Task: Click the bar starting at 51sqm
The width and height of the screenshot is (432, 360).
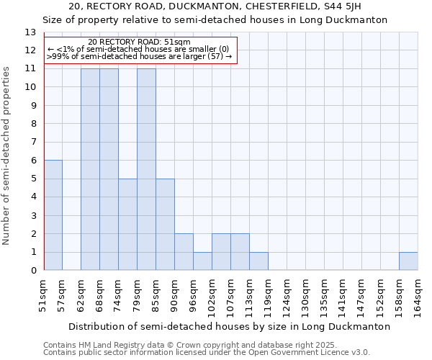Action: [53, 215]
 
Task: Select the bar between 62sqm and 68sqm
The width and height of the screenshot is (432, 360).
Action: [90, 169]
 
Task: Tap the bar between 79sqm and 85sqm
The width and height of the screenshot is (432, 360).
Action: [146, 169]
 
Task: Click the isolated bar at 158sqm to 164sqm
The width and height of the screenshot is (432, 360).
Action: [408, 261]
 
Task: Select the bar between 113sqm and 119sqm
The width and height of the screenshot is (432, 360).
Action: [258, 261]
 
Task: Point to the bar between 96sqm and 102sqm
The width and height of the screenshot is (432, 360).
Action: [202, 261]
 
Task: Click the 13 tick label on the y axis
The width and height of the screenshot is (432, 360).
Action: [30, 32]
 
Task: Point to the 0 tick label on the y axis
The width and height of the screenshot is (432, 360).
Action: [32, 271]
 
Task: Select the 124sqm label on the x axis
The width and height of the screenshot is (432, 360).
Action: [287, 294]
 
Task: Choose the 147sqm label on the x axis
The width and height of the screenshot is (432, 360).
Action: [361, 294]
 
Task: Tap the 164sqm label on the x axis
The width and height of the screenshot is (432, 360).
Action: [418, 294]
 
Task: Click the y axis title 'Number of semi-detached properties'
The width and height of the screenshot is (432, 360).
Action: [7, 156]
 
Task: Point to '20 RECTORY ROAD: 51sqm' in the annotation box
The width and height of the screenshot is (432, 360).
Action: [140, 42]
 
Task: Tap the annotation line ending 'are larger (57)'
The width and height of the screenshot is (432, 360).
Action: [139, 56]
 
